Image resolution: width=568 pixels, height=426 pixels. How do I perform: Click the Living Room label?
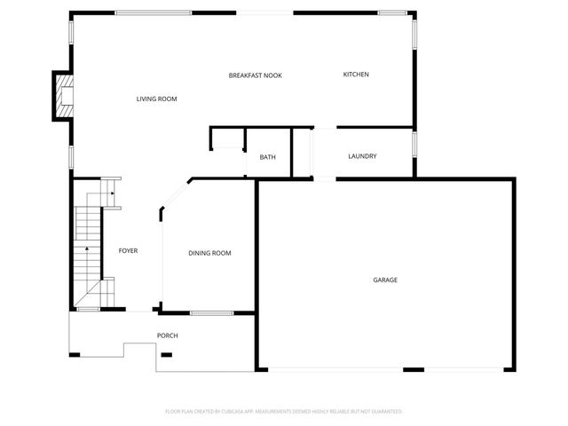pyautogui.click(x=156, y=99)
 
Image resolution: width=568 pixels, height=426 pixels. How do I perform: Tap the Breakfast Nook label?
pyautogui.click(x=255, y=75)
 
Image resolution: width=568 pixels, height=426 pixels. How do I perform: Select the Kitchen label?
pyautogui.click(x=356, y=75)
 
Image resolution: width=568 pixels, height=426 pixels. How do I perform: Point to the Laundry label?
pyautogui.click(x=362, y=156)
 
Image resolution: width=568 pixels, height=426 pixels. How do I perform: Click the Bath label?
pyautogui.click(x=267, y=157)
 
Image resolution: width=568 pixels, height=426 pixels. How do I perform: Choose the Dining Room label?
pyautogui.click(x=209, y=253)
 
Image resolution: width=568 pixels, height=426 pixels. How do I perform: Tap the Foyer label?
pyautogui.click(x=128, y=250)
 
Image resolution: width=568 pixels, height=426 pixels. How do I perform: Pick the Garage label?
pyautogui.click(x=384, y=280)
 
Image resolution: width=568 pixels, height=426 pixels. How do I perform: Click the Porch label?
pyautogui.click(x=167, y=335)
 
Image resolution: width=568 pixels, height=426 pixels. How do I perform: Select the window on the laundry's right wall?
pyautogui.click(x=414, y=144)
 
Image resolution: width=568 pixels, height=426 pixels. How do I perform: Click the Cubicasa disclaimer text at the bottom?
pyautogui.click(x=284, y=411)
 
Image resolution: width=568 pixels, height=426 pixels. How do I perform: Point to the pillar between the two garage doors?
pyautogui.click(x=413, y=369)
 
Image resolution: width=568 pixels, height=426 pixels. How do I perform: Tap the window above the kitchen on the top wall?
pyautogui.click(x=391, y=12)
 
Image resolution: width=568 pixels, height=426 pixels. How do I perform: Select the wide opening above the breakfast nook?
pyautogui.click(x=265, y=12)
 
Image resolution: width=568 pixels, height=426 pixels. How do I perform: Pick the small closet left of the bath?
pyautogui.click(x=228, y=139)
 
